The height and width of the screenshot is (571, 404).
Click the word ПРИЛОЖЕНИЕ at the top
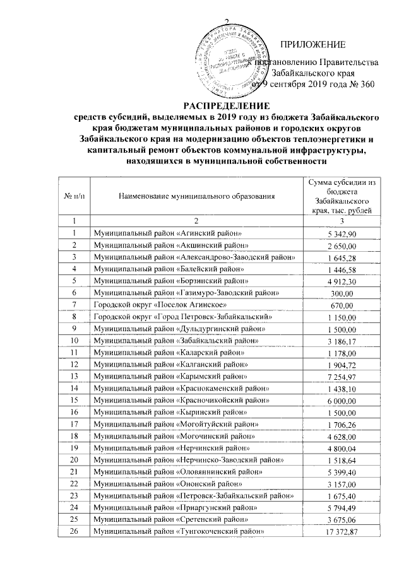coord(314,44)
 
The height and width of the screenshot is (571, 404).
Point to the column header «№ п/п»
coord(73,196)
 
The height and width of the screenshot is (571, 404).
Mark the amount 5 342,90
coord(342,234)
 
